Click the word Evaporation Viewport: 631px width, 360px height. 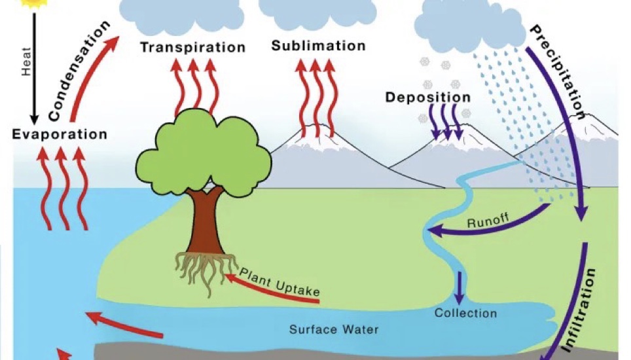coord(59,134)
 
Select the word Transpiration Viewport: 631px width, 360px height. coord(192,47)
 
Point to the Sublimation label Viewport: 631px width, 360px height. coord(318,46)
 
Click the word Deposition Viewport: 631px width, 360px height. coord(427,98)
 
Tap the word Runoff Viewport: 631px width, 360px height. coord(488,221)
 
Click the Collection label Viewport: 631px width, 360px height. coord(465,313)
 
